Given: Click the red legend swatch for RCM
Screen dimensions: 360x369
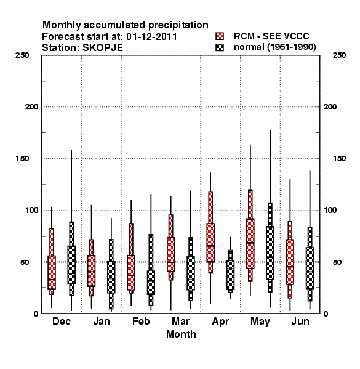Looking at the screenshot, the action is click(220, 36).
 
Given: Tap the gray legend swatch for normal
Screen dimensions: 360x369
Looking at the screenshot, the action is click(220, 47).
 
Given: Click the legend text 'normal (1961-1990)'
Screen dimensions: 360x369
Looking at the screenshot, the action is click(274, 47).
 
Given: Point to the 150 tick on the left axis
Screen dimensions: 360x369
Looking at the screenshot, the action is click(22, 159).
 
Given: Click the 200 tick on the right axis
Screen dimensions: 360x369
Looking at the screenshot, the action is click(330, 107).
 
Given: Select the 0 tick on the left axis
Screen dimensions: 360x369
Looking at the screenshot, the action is click(36, 314).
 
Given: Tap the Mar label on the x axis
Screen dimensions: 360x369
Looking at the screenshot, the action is click(180, 321).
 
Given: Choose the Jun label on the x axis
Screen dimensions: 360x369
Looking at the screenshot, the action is click(300, 321).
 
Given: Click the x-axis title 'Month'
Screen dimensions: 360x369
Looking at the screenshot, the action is click(181, 334).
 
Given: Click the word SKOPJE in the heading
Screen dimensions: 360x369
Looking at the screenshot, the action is click(102, 48).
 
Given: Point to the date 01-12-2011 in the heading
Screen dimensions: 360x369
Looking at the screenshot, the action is click(151, 37).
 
